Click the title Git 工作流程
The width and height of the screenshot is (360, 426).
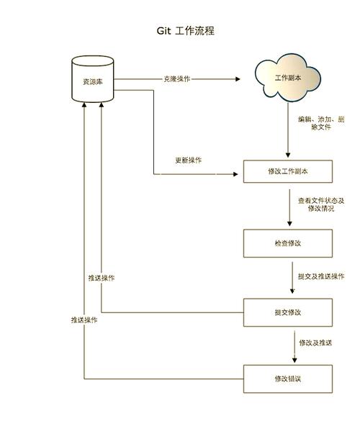(x=185, y=31)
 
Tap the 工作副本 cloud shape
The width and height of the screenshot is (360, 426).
(x=287, y=78)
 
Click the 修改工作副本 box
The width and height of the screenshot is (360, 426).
(x=287, y=171)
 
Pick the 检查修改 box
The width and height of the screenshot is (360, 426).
(x=287, y=243)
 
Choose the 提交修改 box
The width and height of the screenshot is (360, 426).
(x=287, y=312)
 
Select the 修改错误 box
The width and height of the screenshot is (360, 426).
(x=287, y=379)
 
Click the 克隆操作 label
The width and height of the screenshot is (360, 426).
(x=176, y=78)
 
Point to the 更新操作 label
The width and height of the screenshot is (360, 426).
(x=189, y=160)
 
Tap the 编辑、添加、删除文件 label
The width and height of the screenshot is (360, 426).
(x=321, y=122)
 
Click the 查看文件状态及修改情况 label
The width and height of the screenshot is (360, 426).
(x=321, y=204)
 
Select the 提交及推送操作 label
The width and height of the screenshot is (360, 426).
(x=321, y=276)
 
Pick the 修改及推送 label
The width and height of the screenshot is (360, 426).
(x=315, y=343)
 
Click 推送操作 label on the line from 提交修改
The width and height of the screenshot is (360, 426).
(x=102, y=278)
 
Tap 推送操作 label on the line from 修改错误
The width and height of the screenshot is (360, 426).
(x=84, y=319)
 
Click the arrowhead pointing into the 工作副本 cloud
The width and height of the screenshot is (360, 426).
(x=237, y=78)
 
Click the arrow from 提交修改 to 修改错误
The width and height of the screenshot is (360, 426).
(x=295, y=345)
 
